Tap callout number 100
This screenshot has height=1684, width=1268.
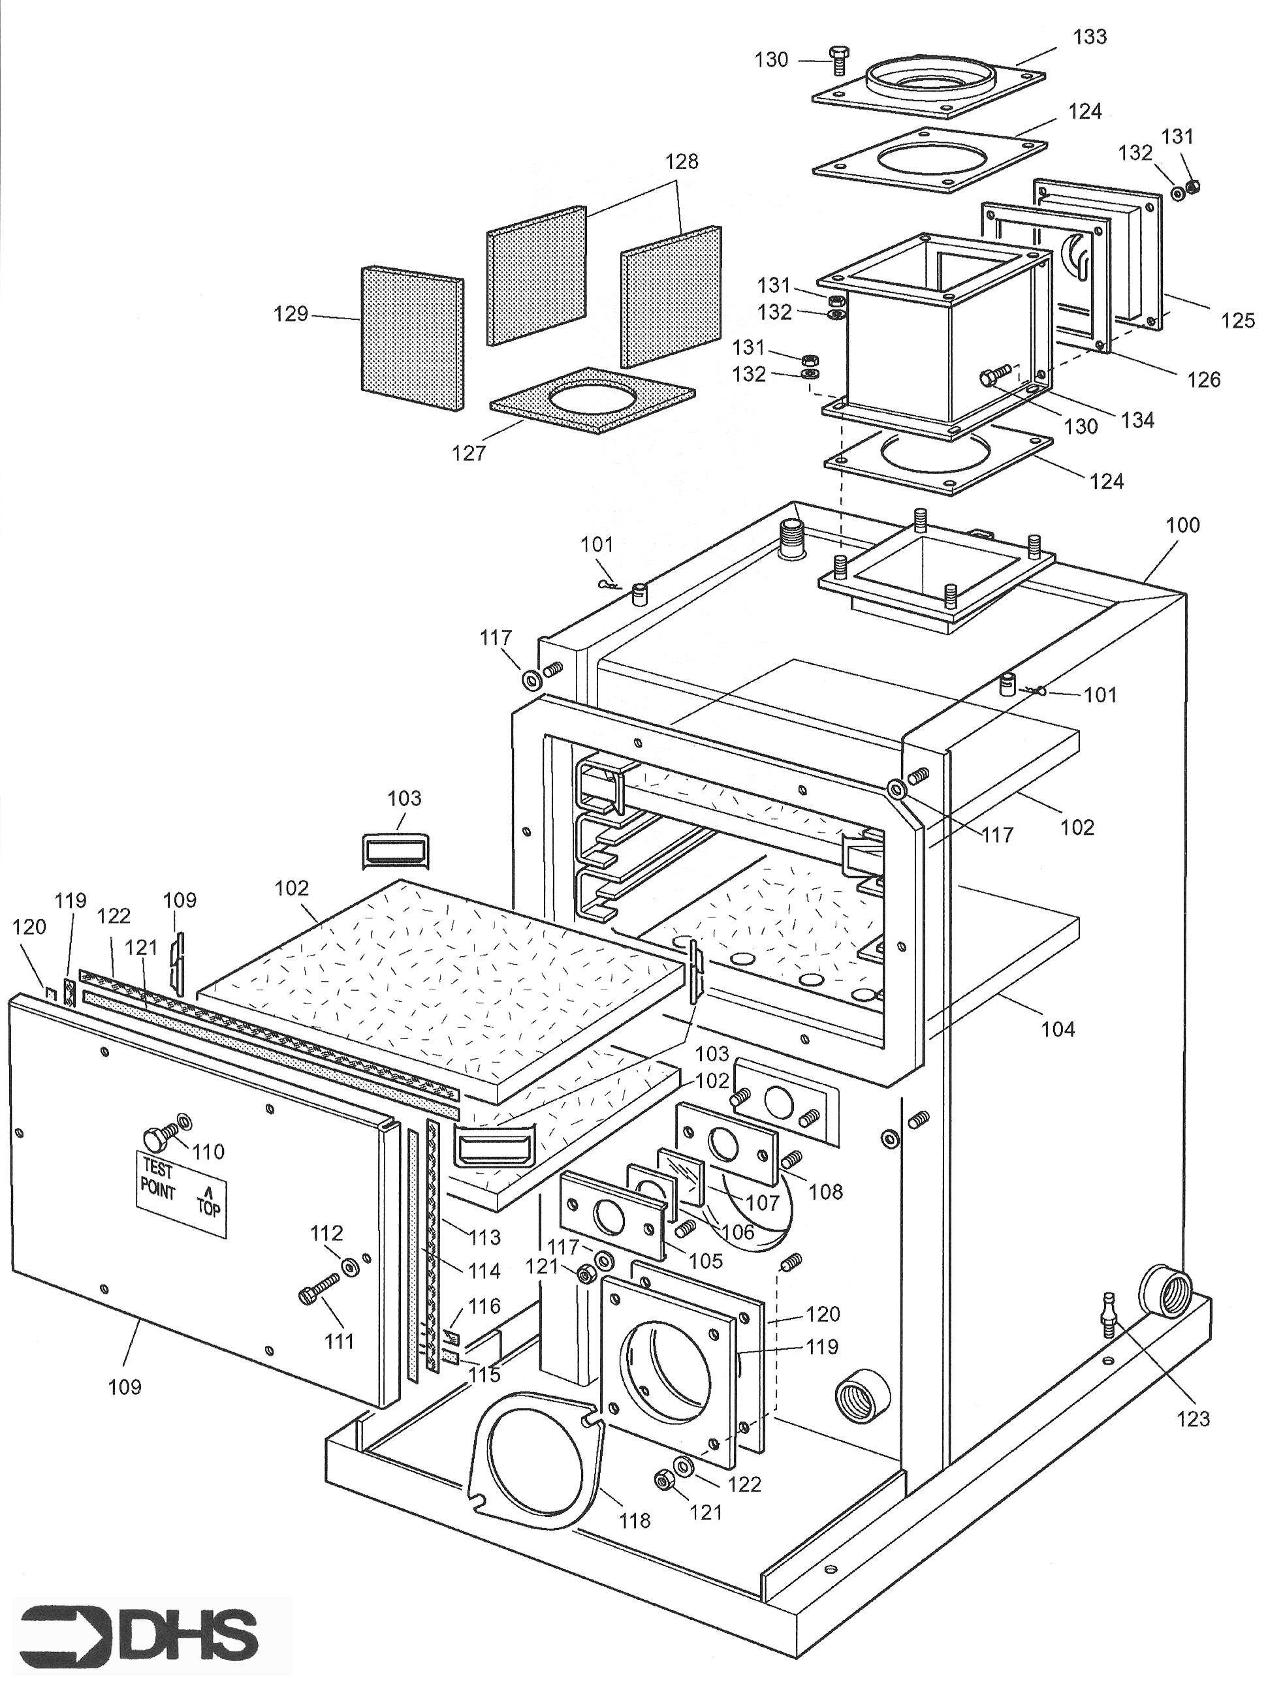click(1182, 525)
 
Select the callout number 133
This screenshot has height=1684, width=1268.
click(1089, 37)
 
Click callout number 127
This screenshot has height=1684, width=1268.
click(468, 454)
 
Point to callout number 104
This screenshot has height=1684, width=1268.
click(1058, 1029)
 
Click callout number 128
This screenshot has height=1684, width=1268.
click(682, 161)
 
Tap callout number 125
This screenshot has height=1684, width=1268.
click(1237, 320)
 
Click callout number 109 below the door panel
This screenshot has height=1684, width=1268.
click(124, 1386)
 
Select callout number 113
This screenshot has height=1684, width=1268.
click(485, 1237)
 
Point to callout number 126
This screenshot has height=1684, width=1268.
click(1203, 379)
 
